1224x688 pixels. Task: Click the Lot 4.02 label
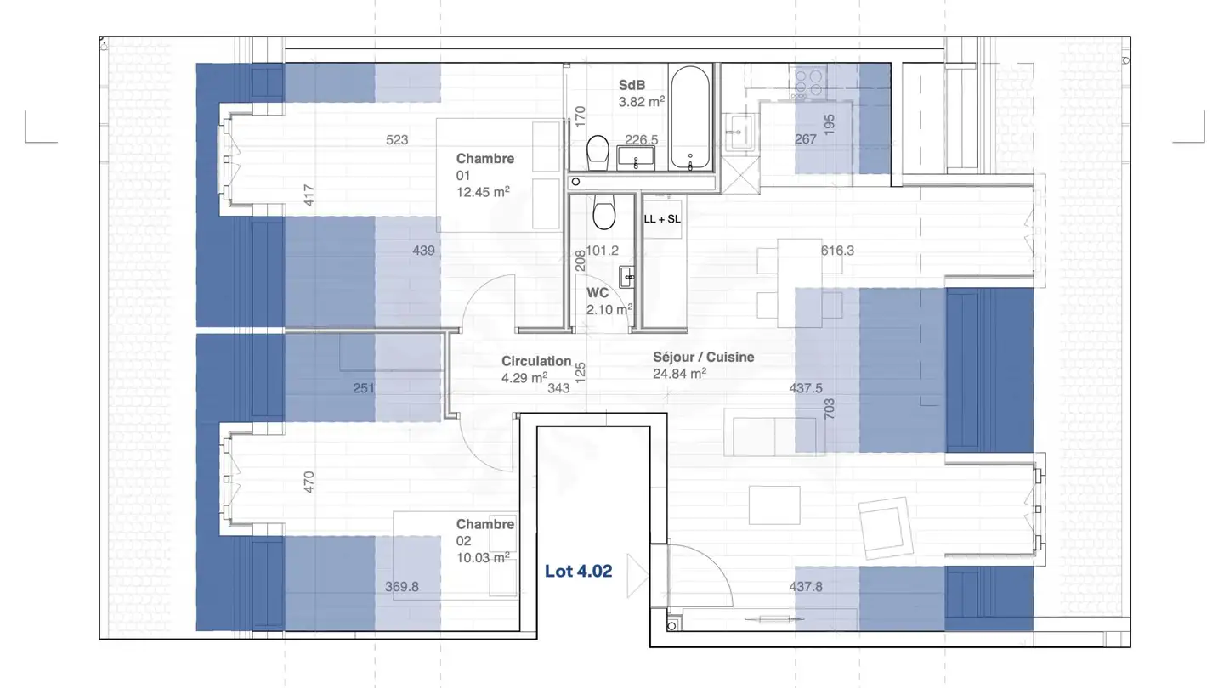coord(578,572)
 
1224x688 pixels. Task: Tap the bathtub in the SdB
coord(690,118)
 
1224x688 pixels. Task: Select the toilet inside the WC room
coord(604,213)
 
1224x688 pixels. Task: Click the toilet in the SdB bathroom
coord(598,151)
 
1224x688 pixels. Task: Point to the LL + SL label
coord(662,218)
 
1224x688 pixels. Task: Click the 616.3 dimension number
coord(837,251)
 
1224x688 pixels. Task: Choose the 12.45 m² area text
coord(483,192)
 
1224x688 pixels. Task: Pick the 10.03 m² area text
coord(483,557)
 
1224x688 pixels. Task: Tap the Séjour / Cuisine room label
coord(704,358)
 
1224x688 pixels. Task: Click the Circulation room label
coord(536,361)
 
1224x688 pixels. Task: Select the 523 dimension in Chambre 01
coord(397,140)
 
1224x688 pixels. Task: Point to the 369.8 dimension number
coord(402,586)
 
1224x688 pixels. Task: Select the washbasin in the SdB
coord(635,156)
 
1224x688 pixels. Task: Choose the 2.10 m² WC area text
coord(609,309)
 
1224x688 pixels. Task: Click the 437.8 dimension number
coord(806,586)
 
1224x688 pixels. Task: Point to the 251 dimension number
coord(365,388)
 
